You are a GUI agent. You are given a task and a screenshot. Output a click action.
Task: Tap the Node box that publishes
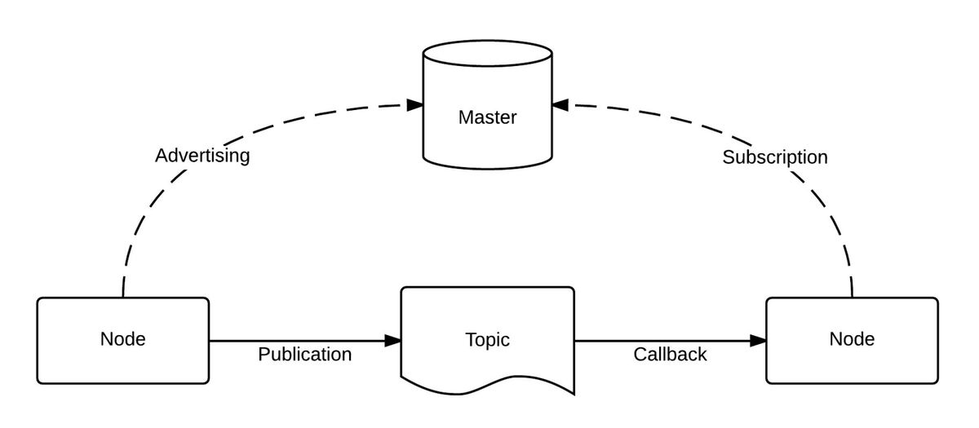pyautogui.click(x=122, y=340)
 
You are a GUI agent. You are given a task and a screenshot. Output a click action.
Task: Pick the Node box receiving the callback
pyautogui.click(x=852, y=340)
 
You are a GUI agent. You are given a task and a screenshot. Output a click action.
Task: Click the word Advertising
pyautogui.click(x=202, y=156)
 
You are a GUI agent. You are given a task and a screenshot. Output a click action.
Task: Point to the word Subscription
pyautogui.click(x=774, y=157)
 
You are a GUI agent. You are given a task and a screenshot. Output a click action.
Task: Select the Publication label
pyautogui.click(x=304, y=355)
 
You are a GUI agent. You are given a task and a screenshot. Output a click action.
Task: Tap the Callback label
pyautogui.click(x=670, y=355)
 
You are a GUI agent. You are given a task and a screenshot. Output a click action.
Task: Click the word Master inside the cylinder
pyautogui.click(x=487, y=117)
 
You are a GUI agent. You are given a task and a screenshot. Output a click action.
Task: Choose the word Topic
pyautogui.click(x=487, y=339)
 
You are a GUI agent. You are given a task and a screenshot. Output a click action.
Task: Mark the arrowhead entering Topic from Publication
pyautogui.click(x=393, y=340)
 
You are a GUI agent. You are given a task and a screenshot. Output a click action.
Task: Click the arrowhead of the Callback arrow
pyautogui.click(x=758, y=340)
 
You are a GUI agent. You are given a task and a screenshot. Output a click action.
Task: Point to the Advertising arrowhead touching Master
pyautogui.click(x=414, y=105)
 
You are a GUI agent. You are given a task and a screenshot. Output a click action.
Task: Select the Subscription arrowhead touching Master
pyautogui.click(x=560, y=105)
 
